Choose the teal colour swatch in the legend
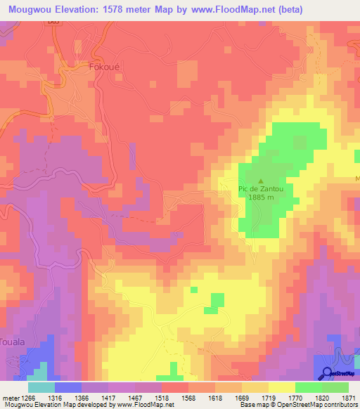click(41, 387)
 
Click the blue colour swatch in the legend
click(68, 387)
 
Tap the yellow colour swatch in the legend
click(281, 387)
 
